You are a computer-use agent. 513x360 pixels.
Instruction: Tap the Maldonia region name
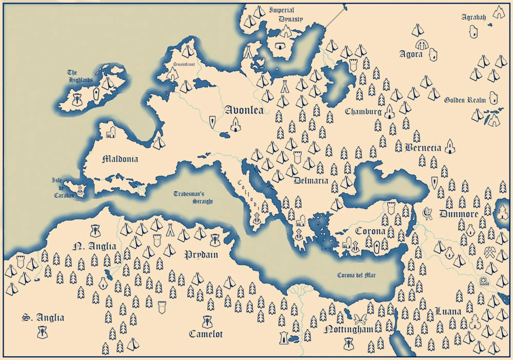coord(120,159)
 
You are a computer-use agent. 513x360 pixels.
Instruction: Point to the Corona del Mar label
coord(357,275)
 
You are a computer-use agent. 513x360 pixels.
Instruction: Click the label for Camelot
coord(206,334)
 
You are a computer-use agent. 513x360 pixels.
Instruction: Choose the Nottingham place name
coord(348,330)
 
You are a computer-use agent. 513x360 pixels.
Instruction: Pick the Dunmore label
coord(459,214)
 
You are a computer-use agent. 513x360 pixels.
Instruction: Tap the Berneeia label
coord(423,148)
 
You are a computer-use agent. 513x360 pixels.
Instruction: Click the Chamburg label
coord(363,111)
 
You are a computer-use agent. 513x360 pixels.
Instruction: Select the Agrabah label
coord(473,17)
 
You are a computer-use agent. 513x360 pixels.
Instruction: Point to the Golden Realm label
coord(465,100)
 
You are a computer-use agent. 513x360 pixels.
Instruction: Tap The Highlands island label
coord(80,76)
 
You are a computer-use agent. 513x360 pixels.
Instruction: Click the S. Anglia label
coord(43,318)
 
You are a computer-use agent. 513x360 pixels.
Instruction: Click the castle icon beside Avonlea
coord(235,124)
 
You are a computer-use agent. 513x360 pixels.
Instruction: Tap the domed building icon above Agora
coord(422,44)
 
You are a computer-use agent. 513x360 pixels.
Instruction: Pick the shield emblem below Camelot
coord(208,322)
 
